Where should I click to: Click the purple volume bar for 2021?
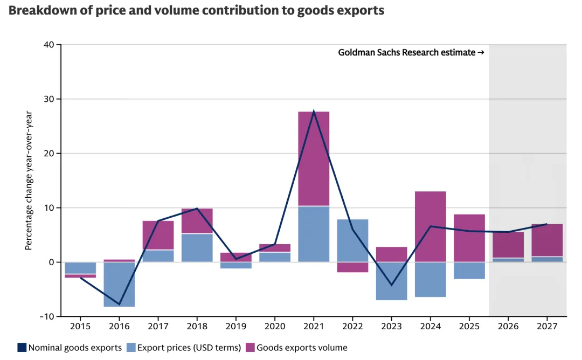tap(314, 158)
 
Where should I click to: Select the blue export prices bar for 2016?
tap(119, 284)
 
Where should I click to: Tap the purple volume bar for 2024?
tap(431, 226)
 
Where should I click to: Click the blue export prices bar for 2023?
tap(391, 281)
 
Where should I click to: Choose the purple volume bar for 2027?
tap(547, 240)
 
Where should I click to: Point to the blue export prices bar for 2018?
tap(197, 247)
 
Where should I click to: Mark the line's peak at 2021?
tap(314, 112)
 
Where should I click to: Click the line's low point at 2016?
tap(119, 304)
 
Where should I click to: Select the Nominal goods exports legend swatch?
tap(22, 348)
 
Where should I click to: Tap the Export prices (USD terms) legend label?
tap(189, 348)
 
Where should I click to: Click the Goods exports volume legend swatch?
tap(250, 348)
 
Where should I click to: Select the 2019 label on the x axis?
tap(236, 327)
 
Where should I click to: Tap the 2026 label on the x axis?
tap(508, 327)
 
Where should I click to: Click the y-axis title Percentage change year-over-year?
tap(29, 181)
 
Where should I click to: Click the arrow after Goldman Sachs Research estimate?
tap(481, 53)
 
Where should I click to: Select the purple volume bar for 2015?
tap(80, 275)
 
